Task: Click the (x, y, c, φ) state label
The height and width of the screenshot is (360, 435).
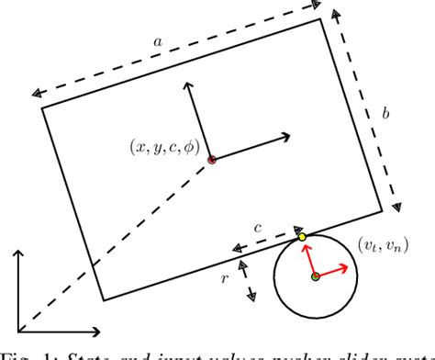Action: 165,146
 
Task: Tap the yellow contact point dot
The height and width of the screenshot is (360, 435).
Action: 302,239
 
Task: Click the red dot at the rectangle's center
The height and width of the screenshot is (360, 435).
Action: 212,160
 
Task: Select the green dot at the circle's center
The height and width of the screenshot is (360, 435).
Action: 315,276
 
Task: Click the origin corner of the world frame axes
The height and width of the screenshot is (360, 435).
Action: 18,330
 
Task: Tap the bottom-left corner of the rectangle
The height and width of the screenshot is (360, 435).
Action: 103,299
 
